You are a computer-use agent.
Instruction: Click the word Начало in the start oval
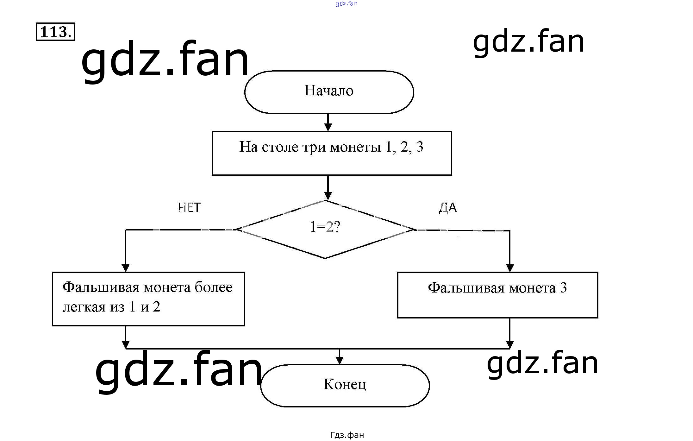coord(329,91)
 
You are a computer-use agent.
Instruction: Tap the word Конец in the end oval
coord(345,384)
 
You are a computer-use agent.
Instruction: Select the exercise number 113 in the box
coord(54,32)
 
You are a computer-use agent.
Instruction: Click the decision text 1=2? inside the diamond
coord(325,227)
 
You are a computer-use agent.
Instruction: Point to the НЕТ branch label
coord(189,208)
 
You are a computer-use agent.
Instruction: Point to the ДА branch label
coord(448,208)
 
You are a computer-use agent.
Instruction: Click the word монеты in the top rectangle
coord(355,147)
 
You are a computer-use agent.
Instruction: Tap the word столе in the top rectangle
coord(280,147)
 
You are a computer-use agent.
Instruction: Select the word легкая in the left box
coord(84,307)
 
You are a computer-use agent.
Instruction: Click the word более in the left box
coord(214,287)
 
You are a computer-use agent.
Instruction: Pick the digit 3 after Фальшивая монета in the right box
coord(563,288)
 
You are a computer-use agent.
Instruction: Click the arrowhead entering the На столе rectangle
coord(328,127)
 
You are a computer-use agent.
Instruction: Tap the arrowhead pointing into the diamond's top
coord(328,195)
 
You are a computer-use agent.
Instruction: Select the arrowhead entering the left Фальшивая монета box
coord(126,268)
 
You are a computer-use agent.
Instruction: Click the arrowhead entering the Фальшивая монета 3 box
coord(509,268)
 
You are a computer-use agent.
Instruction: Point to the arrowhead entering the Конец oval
coord(339,360)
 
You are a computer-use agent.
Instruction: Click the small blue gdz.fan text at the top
coord(346,3)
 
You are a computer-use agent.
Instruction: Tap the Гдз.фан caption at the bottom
coord(347,435)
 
